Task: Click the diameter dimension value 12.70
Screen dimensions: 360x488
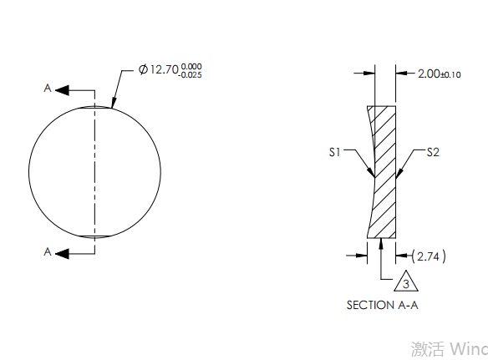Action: pyautogui.click(x=164, y=70)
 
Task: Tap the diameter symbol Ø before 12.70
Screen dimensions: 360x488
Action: pyautogui.click(x=143, y=70)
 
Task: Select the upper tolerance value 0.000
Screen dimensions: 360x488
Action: pyautogui.click(x=191, y=66)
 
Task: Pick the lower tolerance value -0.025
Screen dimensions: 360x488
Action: pyautogui.click(x=190, y=75)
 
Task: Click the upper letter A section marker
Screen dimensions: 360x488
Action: pyautogui.click(x=48, y=88)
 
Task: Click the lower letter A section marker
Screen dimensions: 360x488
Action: pyautogui.click(x=48, y=251)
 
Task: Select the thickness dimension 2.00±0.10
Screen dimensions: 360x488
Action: pyautogui.click(x=439, y=74)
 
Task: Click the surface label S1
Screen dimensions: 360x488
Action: pyautogui.click(x=334, y=153)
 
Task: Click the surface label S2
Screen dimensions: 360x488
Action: pyautogui.click(x=433, y=152)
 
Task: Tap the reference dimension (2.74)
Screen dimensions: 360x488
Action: pyautogui.click(x=430, y=256)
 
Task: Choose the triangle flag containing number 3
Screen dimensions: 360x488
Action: pyautogui.click(x=405, y=283)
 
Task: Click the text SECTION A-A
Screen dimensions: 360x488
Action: pyautogui.click(x=382, y=306)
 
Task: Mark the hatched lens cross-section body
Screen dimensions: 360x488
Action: pyautogui.click(x=384, y=171)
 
